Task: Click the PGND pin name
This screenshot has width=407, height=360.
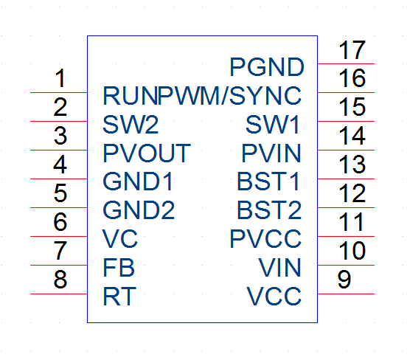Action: coord(267,67)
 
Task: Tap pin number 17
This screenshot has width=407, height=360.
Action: coord(352,50)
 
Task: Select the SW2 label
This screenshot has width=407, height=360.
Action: coord(131,125)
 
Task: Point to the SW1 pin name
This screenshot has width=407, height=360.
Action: coord(273,125)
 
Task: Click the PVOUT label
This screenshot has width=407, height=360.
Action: coord(147,153)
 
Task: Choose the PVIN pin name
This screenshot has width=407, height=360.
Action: coord(271,153)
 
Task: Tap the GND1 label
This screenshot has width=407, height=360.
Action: coord(138,181)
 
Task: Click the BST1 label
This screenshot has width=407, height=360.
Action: coord(268,181)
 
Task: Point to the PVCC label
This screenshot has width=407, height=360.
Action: coord(265,238)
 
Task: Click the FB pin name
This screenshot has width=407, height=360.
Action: coord(119,268)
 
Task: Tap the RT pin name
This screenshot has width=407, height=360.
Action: coord(119,296)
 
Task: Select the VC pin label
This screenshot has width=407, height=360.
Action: coord(120,238)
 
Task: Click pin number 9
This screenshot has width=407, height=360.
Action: coord(344,279)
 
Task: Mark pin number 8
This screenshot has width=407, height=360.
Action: coord(60,279)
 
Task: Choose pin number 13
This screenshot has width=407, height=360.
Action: coord(352,165)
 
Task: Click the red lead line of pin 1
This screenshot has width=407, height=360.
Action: coord(59,92)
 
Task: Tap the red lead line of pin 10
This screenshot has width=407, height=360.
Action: coord(346,265)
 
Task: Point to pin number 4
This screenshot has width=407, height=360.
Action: coord(60,165)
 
